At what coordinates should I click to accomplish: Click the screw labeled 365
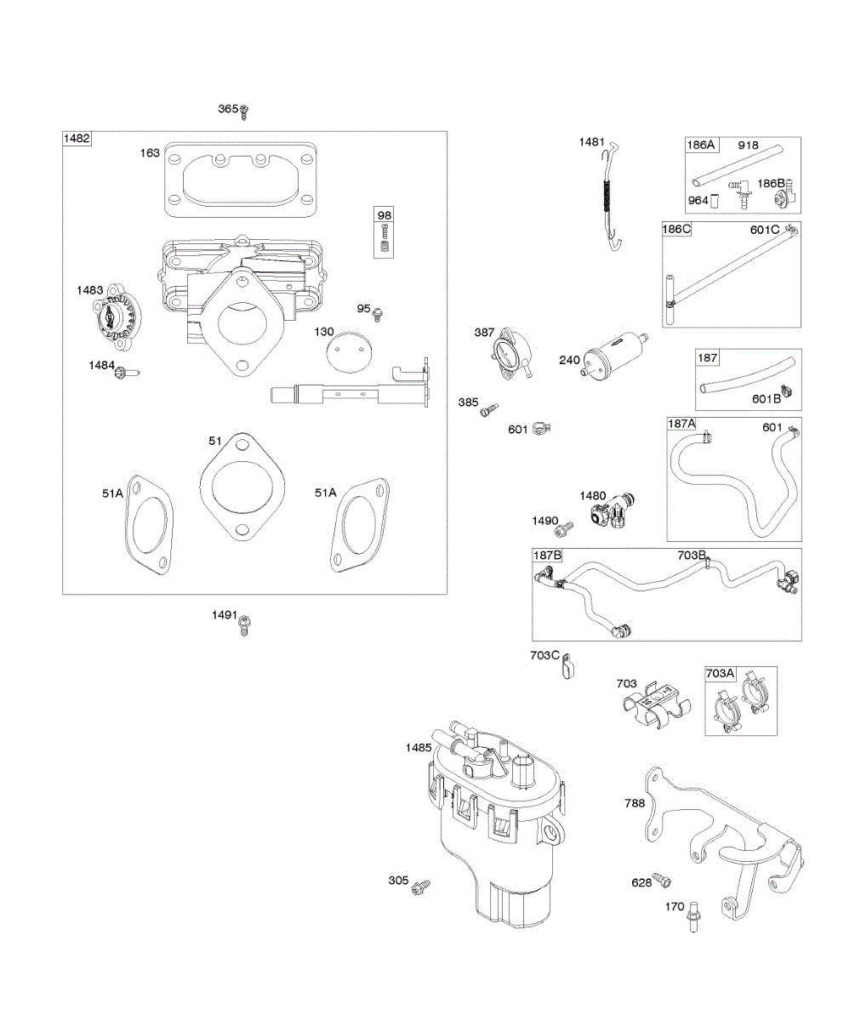click(245, 110)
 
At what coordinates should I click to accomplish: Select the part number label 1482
click(77, 139)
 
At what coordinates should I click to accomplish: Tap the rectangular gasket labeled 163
click(240, 177)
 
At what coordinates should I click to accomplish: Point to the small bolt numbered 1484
click(124, 371)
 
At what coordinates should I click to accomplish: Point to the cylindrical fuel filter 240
click(613, 357)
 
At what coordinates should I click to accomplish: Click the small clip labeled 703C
click(568, 665)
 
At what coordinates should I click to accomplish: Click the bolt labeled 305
click(419, 887)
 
